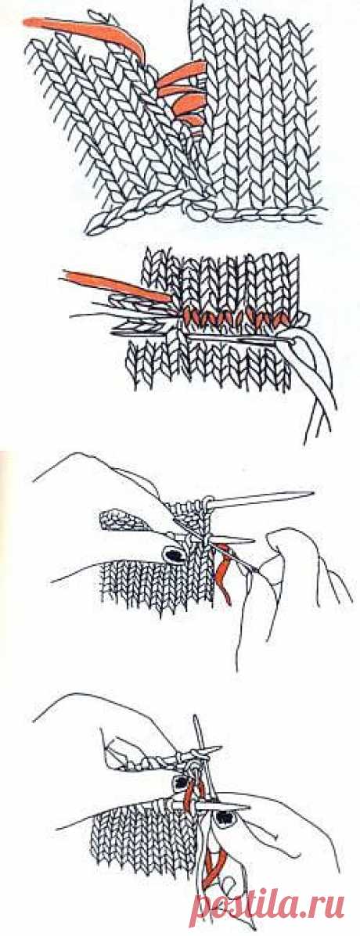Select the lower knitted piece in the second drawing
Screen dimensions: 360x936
click(x=209, y=365)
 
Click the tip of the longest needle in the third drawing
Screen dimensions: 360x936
click(x=314, y=493)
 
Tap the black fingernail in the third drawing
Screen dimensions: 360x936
click(x=174, y=555)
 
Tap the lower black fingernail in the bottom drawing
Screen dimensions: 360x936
click(x=225, y=818)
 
